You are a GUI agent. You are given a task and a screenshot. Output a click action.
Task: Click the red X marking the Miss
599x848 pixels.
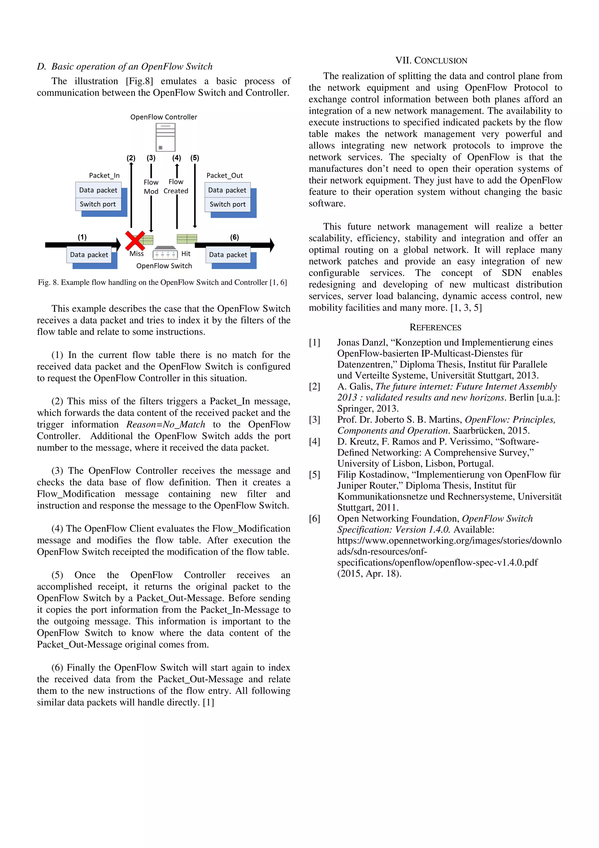(x=135, y=241)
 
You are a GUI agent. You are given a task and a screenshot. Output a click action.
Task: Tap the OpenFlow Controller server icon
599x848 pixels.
(x=165, y=137)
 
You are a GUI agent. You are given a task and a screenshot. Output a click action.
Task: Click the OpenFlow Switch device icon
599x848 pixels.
(x=165, y=253)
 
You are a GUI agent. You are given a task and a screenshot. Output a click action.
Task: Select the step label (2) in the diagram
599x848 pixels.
(x=131, y=158)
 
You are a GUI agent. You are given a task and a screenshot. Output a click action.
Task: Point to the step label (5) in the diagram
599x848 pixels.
(x=194, y=158)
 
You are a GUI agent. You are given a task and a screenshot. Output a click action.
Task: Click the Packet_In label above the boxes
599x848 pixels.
(x=104, y=176)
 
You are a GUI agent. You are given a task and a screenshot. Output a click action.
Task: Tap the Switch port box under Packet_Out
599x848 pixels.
(x=227, y=204)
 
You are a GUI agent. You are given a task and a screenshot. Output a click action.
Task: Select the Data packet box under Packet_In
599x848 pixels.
(x=98, y=190)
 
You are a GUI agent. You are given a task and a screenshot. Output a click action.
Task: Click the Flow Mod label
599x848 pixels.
(x=151, y=186)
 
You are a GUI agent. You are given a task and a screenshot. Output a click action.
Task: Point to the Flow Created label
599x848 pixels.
(x=176, y=186)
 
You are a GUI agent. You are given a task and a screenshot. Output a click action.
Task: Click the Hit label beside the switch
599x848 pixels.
(x=186, y=254)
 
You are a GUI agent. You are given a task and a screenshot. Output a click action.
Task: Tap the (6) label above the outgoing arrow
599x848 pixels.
(x=234, y=237)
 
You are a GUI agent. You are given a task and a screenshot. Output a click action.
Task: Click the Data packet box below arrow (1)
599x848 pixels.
(x=89, y=255)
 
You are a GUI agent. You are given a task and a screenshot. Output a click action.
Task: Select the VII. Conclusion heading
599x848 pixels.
(x=431, y=61)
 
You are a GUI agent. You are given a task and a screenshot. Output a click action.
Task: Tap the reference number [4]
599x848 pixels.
(x=314, y=442)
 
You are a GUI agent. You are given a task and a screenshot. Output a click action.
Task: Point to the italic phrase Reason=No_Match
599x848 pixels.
(x=166, y=424)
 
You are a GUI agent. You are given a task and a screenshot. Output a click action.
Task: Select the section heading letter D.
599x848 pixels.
(x=41, y=66)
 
